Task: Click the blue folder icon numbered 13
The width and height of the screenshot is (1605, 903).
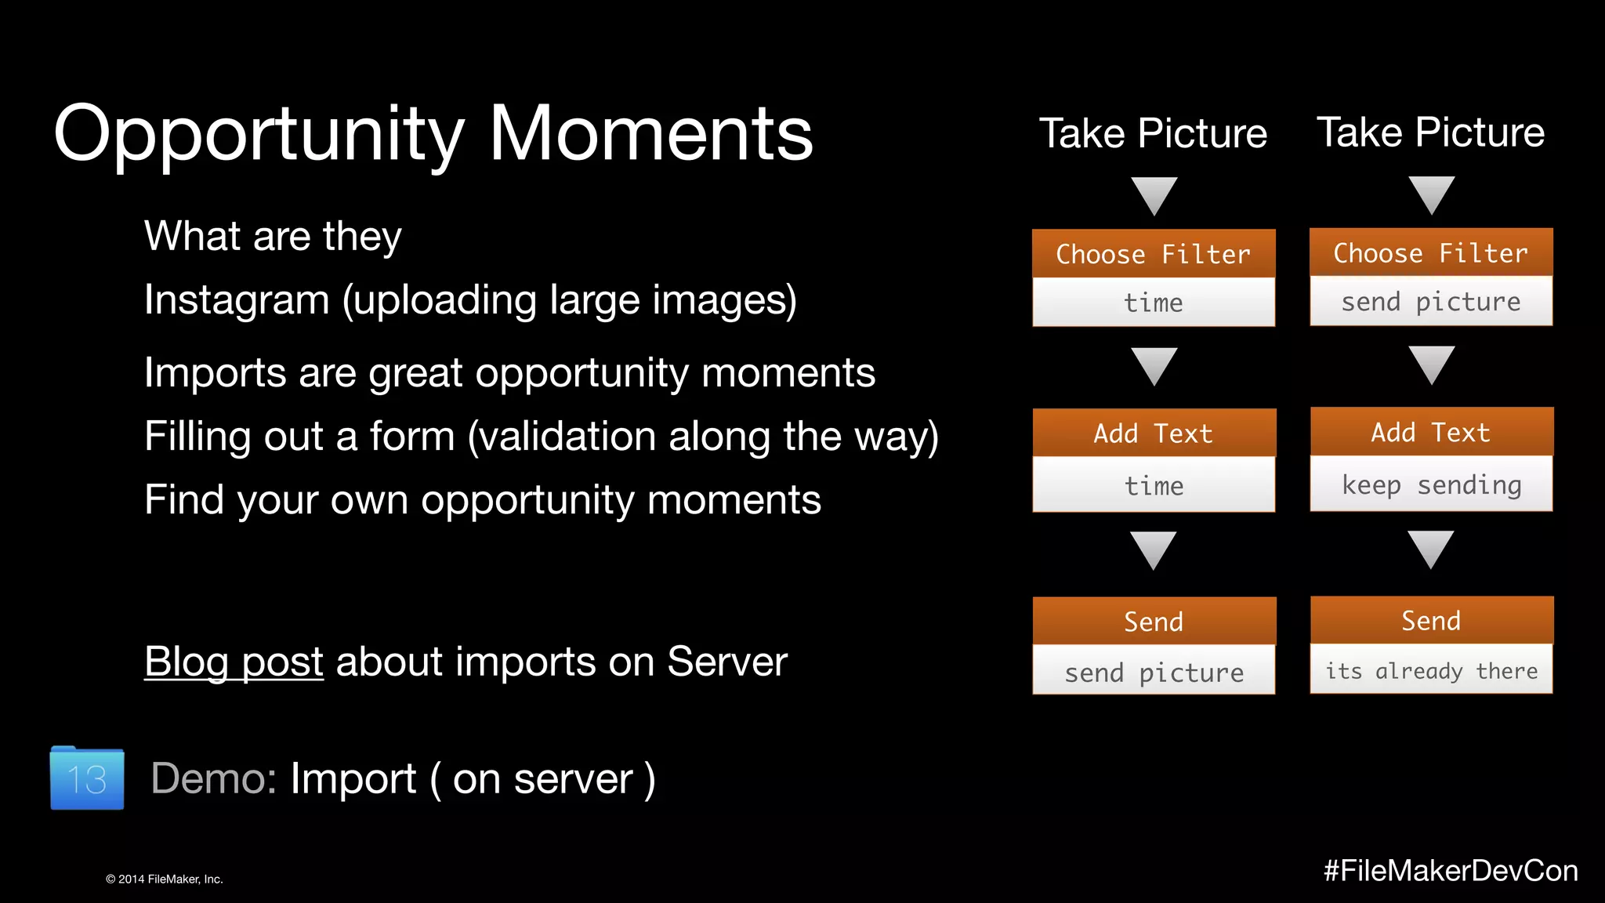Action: click(x=87, y=778)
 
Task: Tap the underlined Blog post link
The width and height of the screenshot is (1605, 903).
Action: click(x=234, y=662)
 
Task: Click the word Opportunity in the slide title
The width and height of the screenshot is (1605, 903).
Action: click(x=259, y=135)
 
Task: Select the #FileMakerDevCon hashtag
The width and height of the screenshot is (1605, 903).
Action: click(x=1451, y=871)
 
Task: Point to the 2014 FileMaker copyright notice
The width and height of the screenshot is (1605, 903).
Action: click(x=165, y=879)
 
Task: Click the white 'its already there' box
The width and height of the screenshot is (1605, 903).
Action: click(x=1431, y=670)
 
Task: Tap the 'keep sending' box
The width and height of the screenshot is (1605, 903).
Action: click(x=1431, y=484)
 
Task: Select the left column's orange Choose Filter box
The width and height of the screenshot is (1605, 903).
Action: click(x=1153, y=254)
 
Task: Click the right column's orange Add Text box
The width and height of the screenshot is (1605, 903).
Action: click(x=1431, y=432)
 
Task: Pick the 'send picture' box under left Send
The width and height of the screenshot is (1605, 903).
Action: click(x=1153, y=672)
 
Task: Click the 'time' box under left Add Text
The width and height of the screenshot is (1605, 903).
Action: click(x=1153, y=485)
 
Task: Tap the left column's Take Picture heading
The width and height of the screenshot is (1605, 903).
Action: click(x=1153, y=133)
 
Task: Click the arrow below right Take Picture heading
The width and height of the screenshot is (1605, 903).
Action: click(x=1431, y=194)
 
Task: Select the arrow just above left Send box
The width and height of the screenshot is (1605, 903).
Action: click(x=1153, y=549)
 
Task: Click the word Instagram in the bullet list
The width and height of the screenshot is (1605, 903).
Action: click(x=237, y=300)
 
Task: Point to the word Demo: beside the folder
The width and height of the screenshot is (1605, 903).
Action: click(x=213, y=779)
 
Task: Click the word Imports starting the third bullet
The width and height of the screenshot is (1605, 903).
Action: click(x=214, y=373)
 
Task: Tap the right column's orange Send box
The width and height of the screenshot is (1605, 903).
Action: click(x=1431, y=620)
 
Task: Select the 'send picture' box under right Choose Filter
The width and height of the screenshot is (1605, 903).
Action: click(x=1431, y=301)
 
